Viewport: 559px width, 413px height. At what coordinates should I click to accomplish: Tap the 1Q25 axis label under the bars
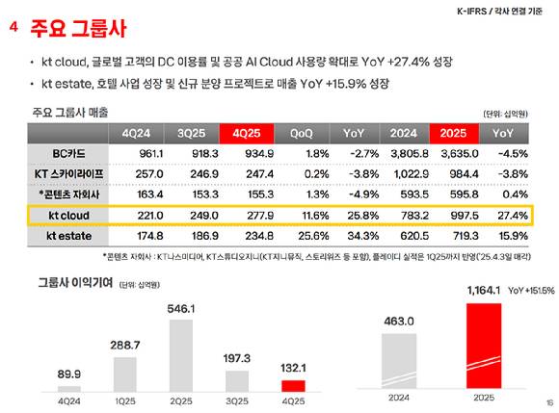pos(125,400)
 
